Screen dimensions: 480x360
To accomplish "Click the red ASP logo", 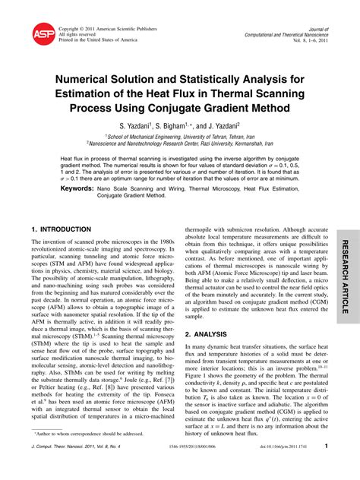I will [x=43, y=33].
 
